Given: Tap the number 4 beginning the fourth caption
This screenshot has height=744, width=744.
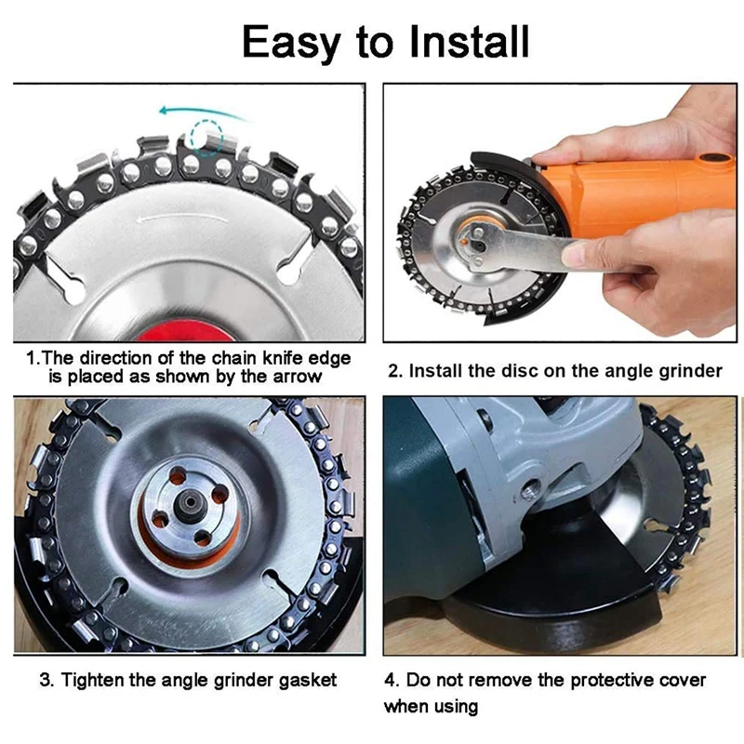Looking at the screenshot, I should pyautogui.click(x=391, y=680).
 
